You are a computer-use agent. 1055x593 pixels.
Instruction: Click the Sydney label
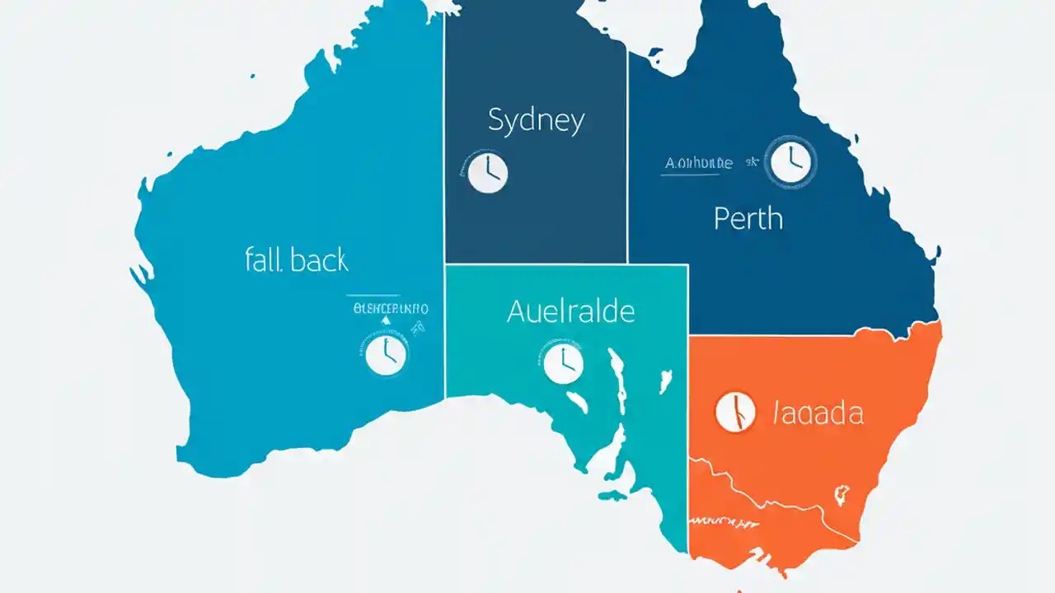[x=537, y=122]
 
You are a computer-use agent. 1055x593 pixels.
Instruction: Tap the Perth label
[x=748, y=218]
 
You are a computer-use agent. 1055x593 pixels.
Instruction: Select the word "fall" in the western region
[x=264, y=260]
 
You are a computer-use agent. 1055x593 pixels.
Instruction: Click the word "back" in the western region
[x=320, y=260]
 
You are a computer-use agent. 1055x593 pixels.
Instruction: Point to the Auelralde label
[x=570, y=311]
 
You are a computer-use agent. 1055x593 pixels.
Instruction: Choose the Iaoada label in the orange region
[x=818, y=412]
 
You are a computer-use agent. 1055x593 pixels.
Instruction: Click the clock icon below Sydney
[x=488, y=174]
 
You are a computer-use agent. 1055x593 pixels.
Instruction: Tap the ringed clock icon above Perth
[x=790, y=161]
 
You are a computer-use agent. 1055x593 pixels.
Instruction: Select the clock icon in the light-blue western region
[x=386, y=355]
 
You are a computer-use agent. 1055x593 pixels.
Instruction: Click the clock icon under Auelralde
[x=564, y=362]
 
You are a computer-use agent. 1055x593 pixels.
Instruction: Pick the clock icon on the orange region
[x=736, y=411]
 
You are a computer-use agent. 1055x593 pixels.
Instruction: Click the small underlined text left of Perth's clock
[x=698, y=163]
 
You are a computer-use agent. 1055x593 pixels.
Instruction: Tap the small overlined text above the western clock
[x=390, y=309]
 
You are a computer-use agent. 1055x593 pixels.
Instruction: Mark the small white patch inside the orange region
[x=842, y=495]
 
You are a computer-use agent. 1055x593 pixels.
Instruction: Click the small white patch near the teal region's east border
[x=662, y=382]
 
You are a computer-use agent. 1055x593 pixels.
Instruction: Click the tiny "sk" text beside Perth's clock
[x=752, y=163]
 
